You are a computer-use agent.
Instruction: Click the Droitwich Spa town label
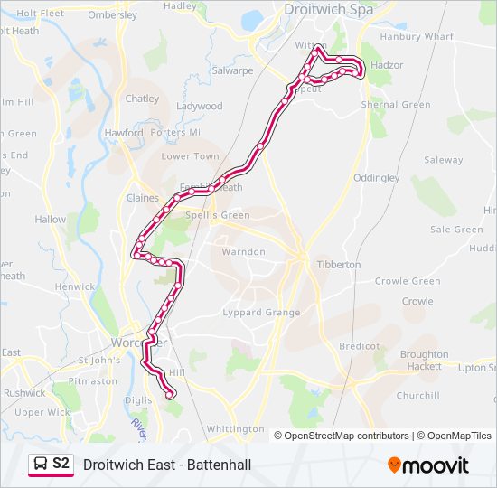[x=328, y=9]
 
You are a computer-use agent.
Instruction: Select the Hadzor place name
[x=387, y=65]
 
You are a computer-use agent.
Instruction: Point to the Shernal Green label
[x=396, y=105]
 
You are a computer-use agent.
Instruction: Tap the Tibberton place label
[x=338, y=265]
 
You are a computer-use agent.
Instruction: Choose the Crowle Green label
[x=408, y=281]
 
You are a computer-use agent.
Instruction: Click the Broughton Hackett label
[x=424, y=361]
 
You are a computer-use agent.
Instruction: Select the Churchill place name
[x=417, y=395]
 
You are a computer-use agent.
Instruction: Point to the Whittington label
[x=235, y=428]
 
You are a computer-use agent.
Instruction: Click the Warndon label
[x=244, y=251]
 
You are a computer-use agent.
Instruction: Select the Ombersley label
[x=113, y=15]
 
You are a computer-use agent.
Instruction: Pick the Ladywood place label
[x=199, y=106]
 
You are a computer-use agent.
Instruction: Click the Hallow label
[x=51, y=220]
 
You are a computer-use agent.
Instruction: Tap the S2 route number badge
[x=61, y=464]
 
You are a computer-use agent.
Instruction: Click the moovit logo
[x=428, y=465]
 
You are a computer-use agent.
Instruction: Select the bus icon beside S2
[x=41, y=465]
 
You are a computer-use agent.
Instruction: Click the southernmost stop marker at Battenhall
[x=170, y=393]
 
